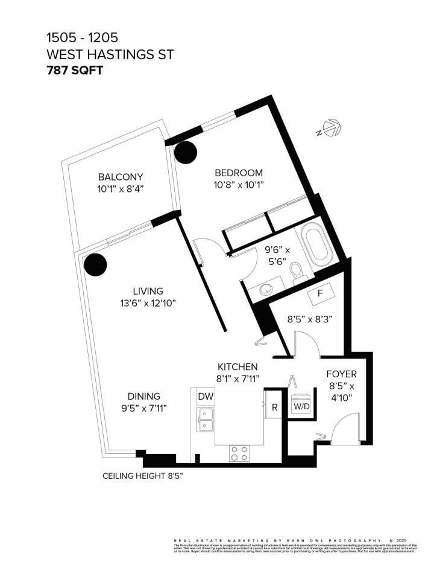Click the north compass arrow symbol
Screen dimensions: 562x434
330,129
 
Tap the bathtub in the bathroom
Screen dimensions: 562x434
318,246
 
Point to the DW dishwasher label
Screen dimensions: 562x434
205,396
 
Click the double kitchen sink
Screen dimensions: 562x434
206,420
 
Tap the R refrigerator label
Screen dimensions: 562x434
274,407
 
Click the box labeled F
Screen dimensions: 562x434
320,294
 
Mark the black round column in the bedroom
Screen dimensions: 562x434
186,153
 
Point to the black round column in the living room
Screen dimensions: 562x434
95,264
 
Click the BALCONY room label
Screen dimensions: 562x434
121,177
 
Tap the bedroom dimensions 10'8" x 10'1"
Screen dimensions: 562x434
239,185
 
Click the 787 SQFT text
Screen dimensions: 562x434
75,69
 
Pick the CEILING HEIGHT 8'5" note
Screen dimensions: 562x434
143,476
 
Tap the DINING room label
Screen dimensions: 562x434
143,396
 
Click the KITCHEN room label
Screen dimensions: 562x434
237,366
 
